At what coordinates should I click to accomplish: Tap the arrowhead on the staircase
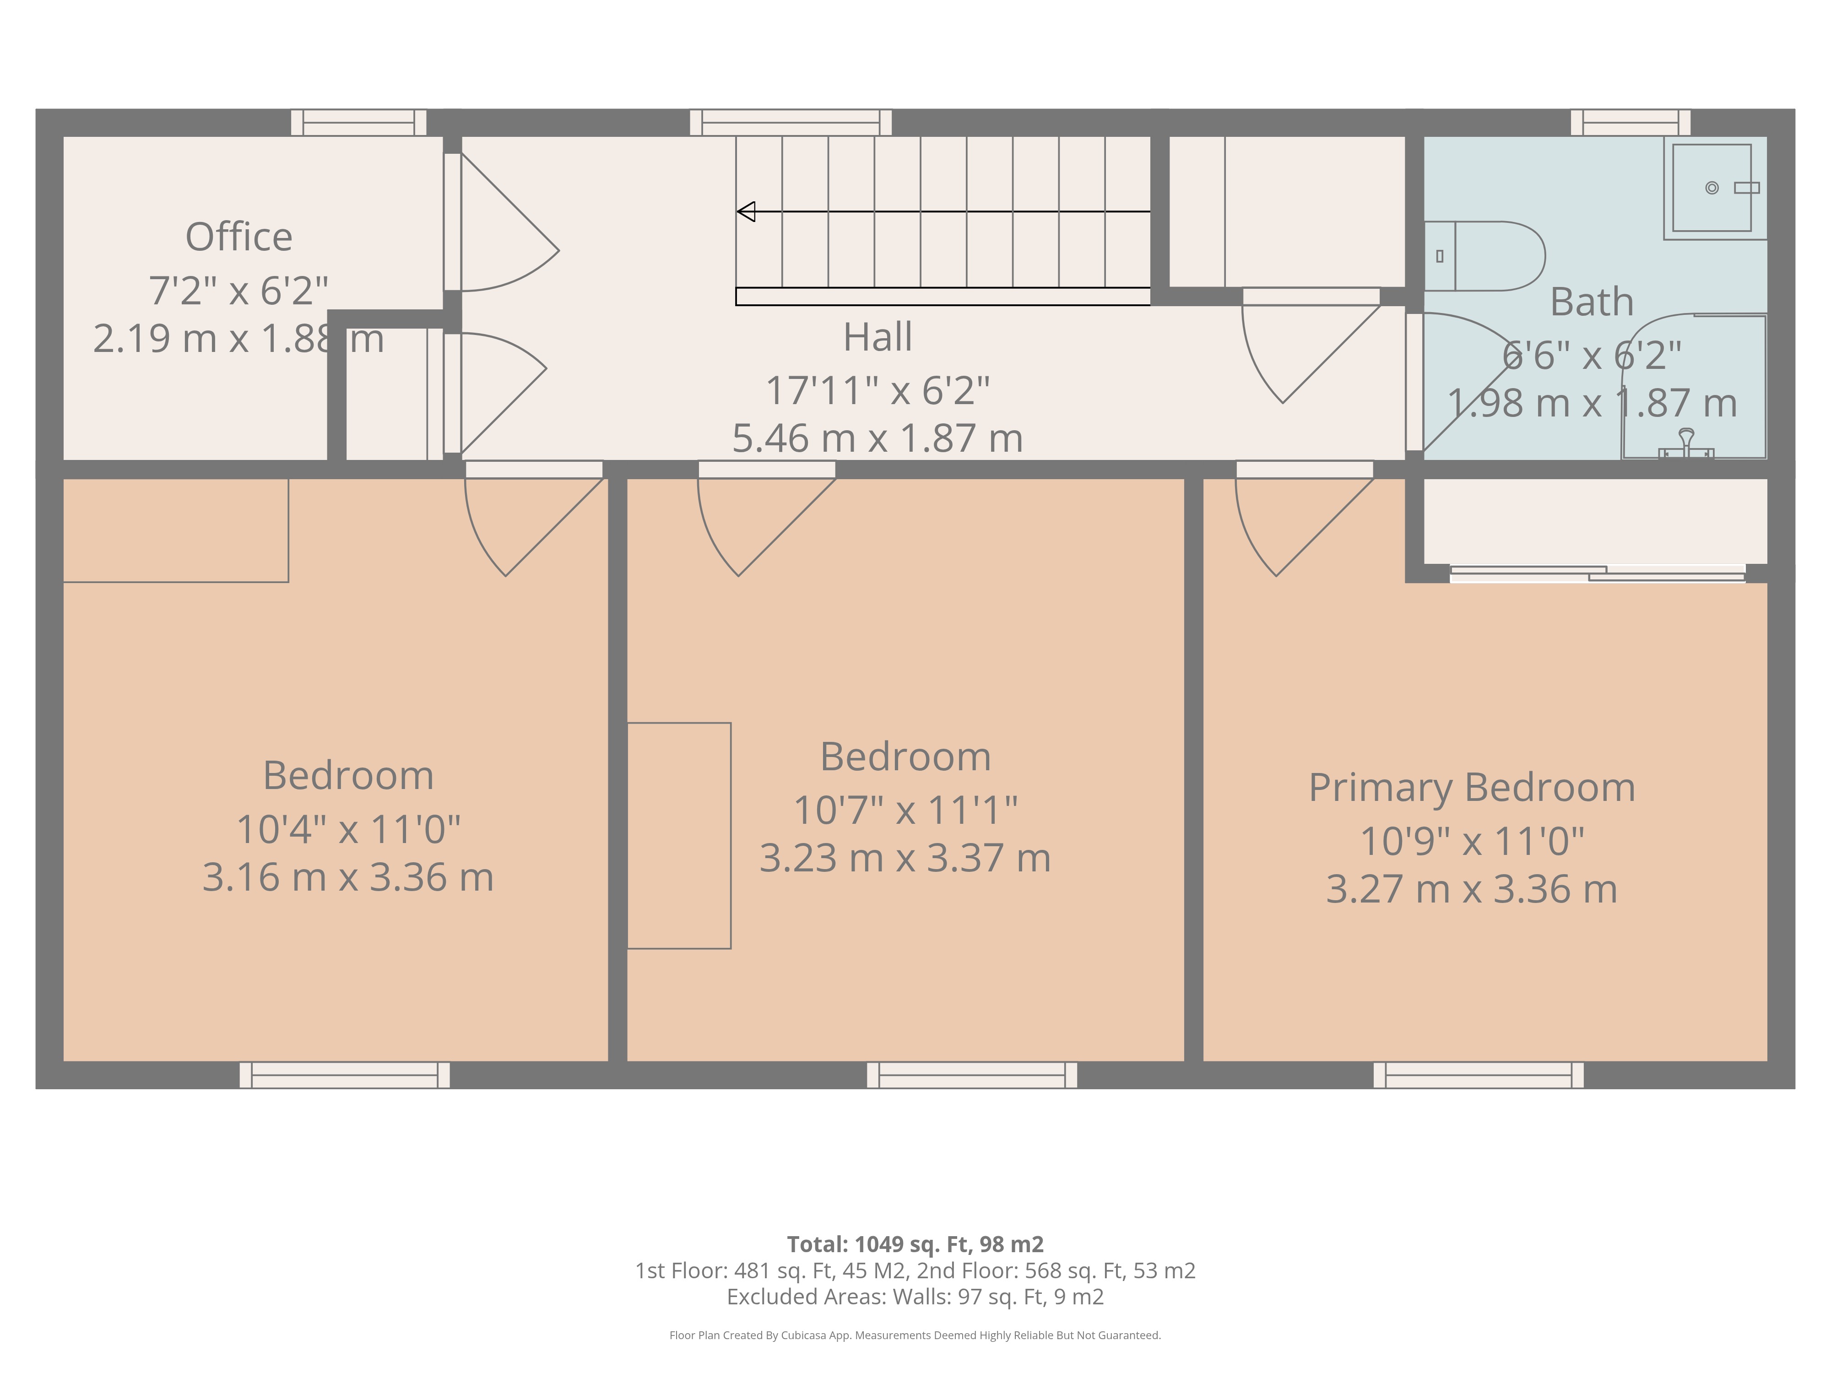(746, 212)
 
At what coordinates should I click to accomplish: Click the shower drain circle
(1712, 188)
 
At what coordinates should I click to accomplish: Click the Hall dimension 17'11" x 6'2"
(878, 391)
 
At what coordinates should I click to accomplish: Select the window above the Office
(358, 123)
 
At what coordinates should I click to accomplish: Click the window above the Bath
(1631, 123)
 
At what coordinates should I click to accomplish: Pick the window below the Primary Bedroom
(1479, 1075)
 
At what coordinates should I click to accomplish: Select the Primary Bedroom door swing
(1291, 530)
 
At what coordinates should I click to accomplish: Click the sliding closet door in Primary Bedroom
(1598, 573)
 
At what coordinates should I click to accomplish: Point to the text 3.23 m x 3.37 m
(905, 858)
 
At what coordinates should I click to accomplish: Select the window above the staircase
(791, 123)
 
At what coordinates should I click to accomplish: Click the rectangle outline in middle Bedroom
(679, 835)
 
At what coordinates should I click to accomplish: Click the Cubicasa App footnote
(915, 1335)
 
